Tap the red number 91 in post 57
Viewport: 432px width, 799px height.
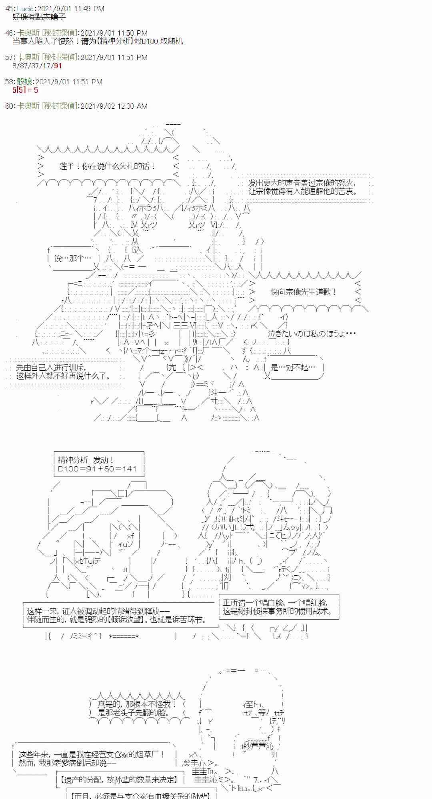click(x=58, y=66)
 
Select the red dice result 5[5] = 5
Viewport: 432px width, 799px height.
click(x=25, y=90)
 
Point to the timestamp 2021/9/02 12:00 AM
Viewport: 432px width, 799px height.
click(x=114, y=106)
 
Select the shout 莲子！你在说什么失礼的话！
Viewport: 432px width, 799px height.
click(x=107, y=166)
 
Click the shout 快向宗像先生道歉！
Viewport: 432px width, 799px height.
click(x=304, y=292)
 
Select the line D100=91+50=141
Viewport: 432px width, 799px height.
click(x=97, y=469)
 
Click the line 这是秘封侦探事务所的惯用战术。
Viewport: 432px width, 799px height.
click(x=277, y=611)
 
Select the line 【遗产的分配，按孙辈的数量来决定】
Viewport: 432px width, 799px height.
click(x=119, y=779)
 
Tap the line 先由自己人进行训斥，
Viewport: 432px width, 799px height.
click(x=51, y=368)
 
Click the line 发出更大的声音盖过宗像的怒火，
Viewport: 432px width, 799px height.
click(x=302, y=183)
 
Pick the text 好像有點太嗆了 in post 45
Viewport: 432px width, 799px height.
click(x=39, y=17)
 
